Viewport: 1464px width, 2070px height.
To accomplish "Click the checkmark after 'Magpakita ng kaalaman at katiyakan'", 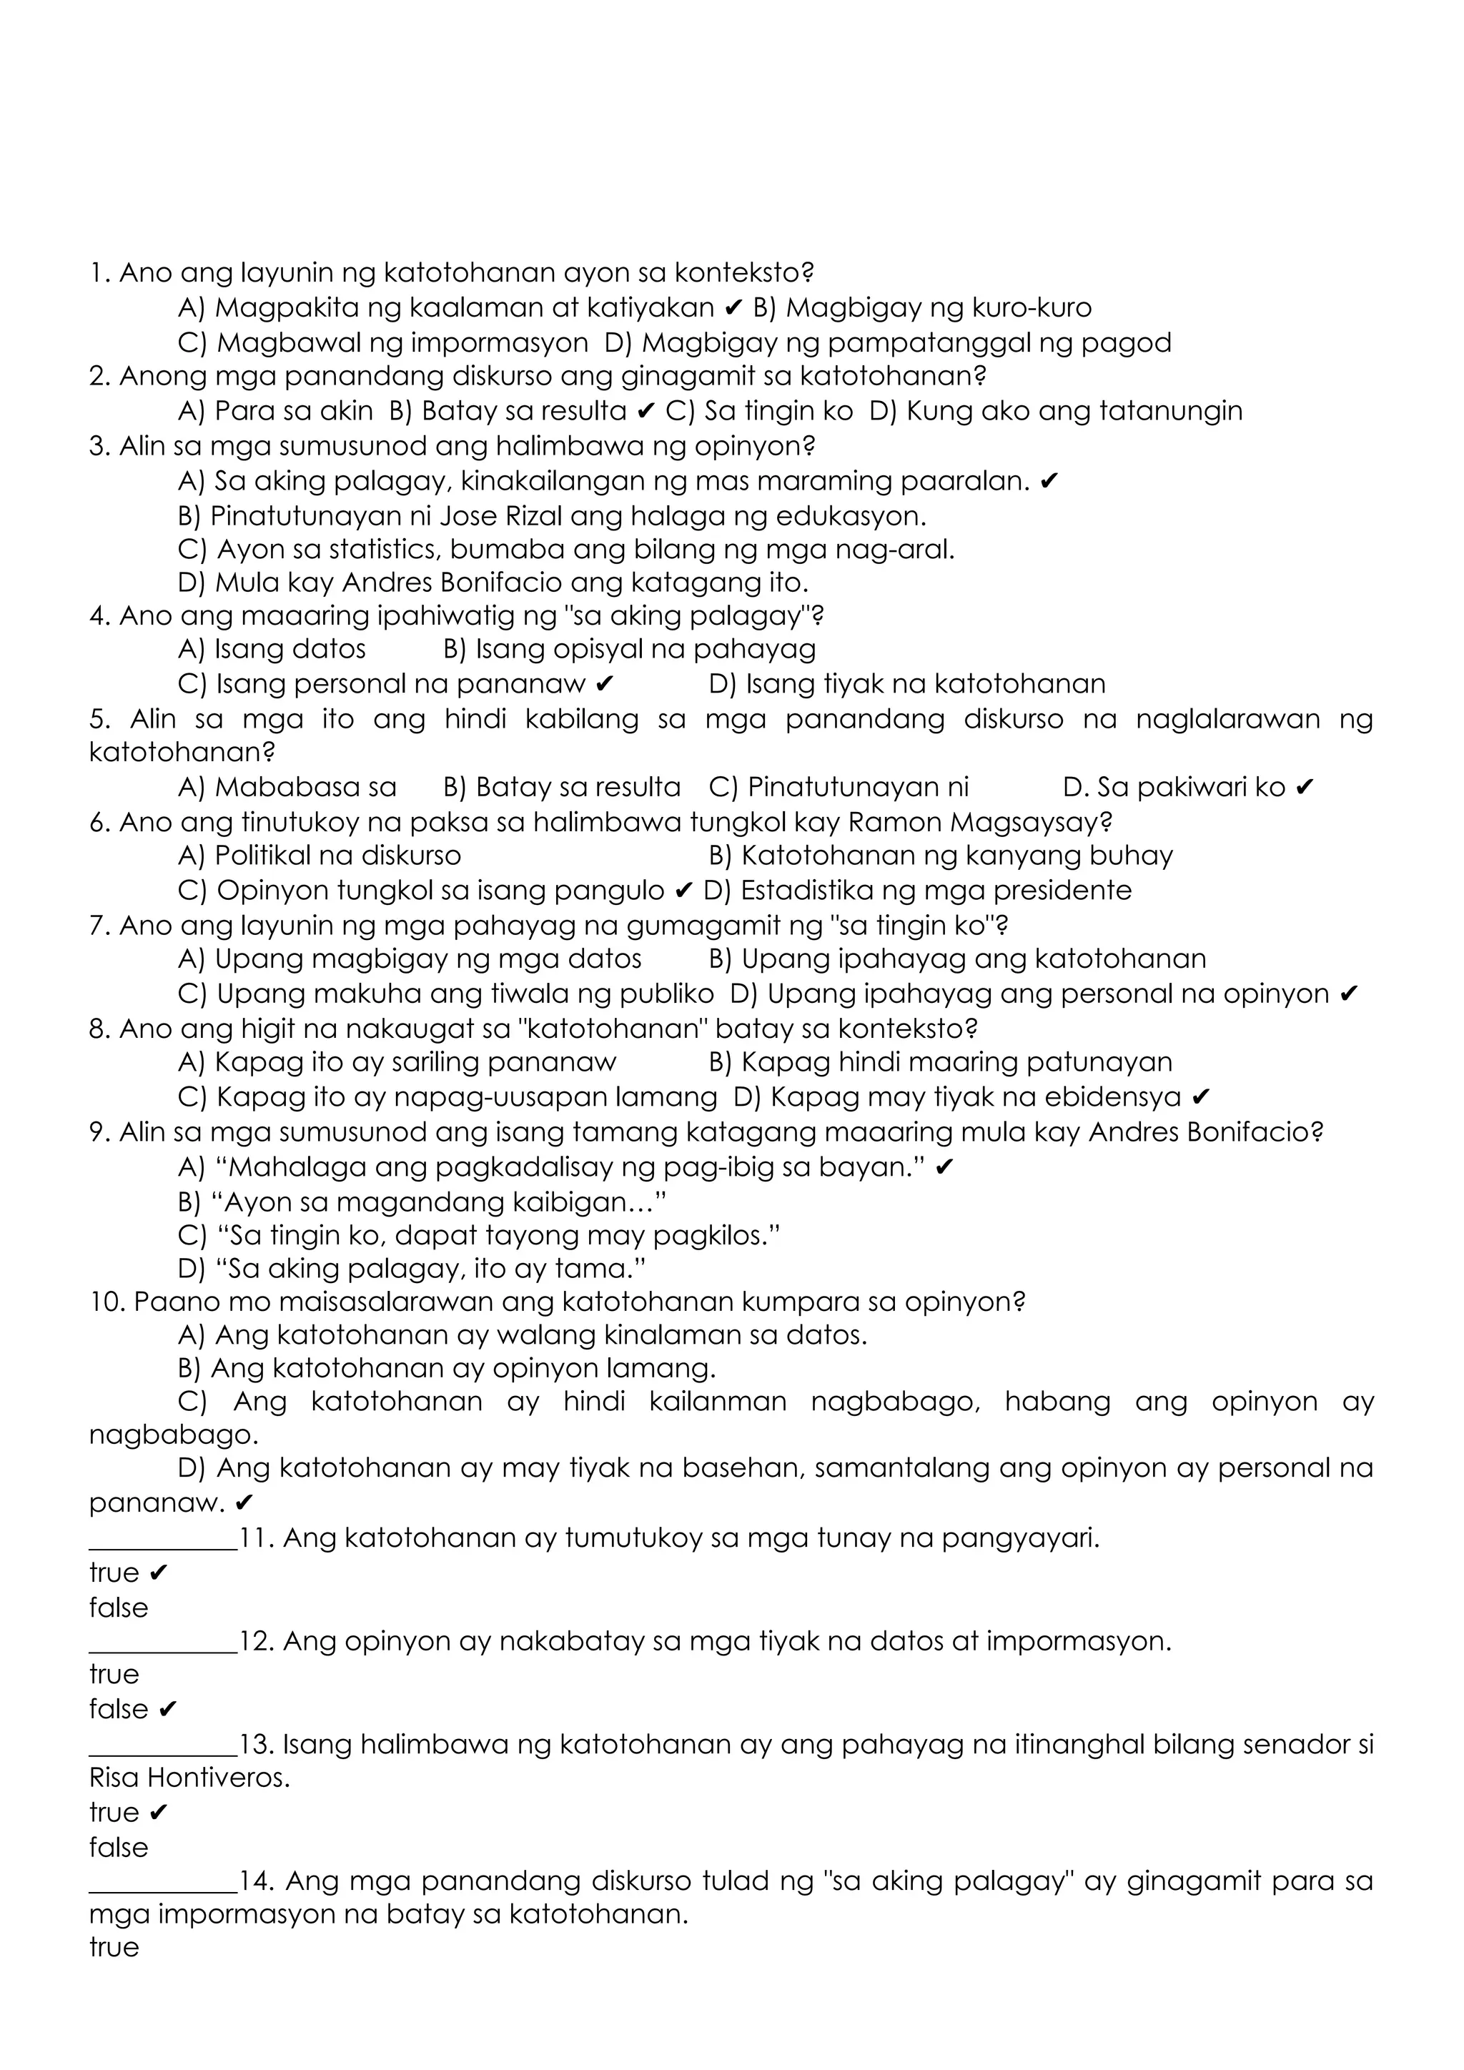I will click(x=733, y=308).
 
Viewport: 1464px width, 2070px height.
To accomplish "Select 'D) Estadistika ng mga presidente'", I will click(x=917, y=891).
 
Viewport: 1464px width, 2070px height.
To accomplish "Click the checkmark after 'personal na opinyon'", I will click(x=1350, y=994).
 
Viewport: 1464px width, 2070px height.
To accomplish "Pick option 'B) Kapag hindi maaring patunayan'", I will click(x=940, y=1062).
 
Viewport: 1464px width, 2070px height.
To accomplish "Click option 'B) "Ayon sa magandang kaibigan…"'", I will click(x=422, y=1202).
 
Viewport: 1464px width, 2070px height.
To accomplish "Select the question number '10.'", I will click(x=107, y=1302).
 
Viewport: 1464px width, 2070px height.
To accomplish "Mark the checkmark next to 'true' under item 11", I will click(x=159, y=1573).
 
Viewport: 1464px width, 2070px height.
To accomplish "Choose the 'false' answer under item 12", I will click(x=118, y=1708).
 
